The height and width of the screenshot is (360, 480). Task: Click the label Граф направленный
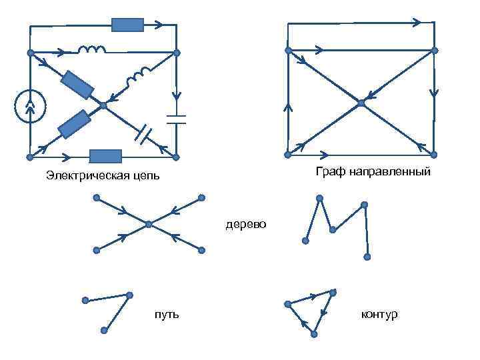(x=373, y=173)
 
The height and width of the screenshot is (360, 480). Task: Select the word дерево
(x=245, y=224)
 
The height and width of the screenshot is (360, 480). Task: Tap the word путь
(x=166, y=313)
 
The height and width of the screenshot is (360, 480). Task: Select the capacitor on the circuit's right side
(x=177, y=119)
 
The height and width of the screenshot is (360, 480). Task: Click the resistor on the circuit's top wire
(x=127, y=25)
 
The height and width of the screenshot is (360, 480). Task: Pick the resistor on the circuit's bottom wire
(x=105, y=157)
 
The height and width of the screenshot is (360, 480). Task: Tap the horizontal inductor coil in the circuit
(x=92, y=50)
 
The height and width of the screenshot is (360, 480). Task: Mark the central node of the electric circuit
(x=103, y=105)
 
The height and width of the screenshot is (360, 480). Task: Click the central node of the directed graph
(x=361, y=103)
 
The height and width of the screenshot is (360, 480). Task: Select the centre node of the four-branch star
(x=149, y=224)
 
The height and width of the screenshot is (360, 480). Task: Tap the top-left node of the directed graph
(x=288, y=50)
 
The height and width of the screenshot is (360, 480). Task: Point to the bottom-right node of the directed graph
(x=434, y=155)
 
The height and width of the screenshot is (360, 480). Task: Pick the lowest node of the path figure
(x=105, y=330)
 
